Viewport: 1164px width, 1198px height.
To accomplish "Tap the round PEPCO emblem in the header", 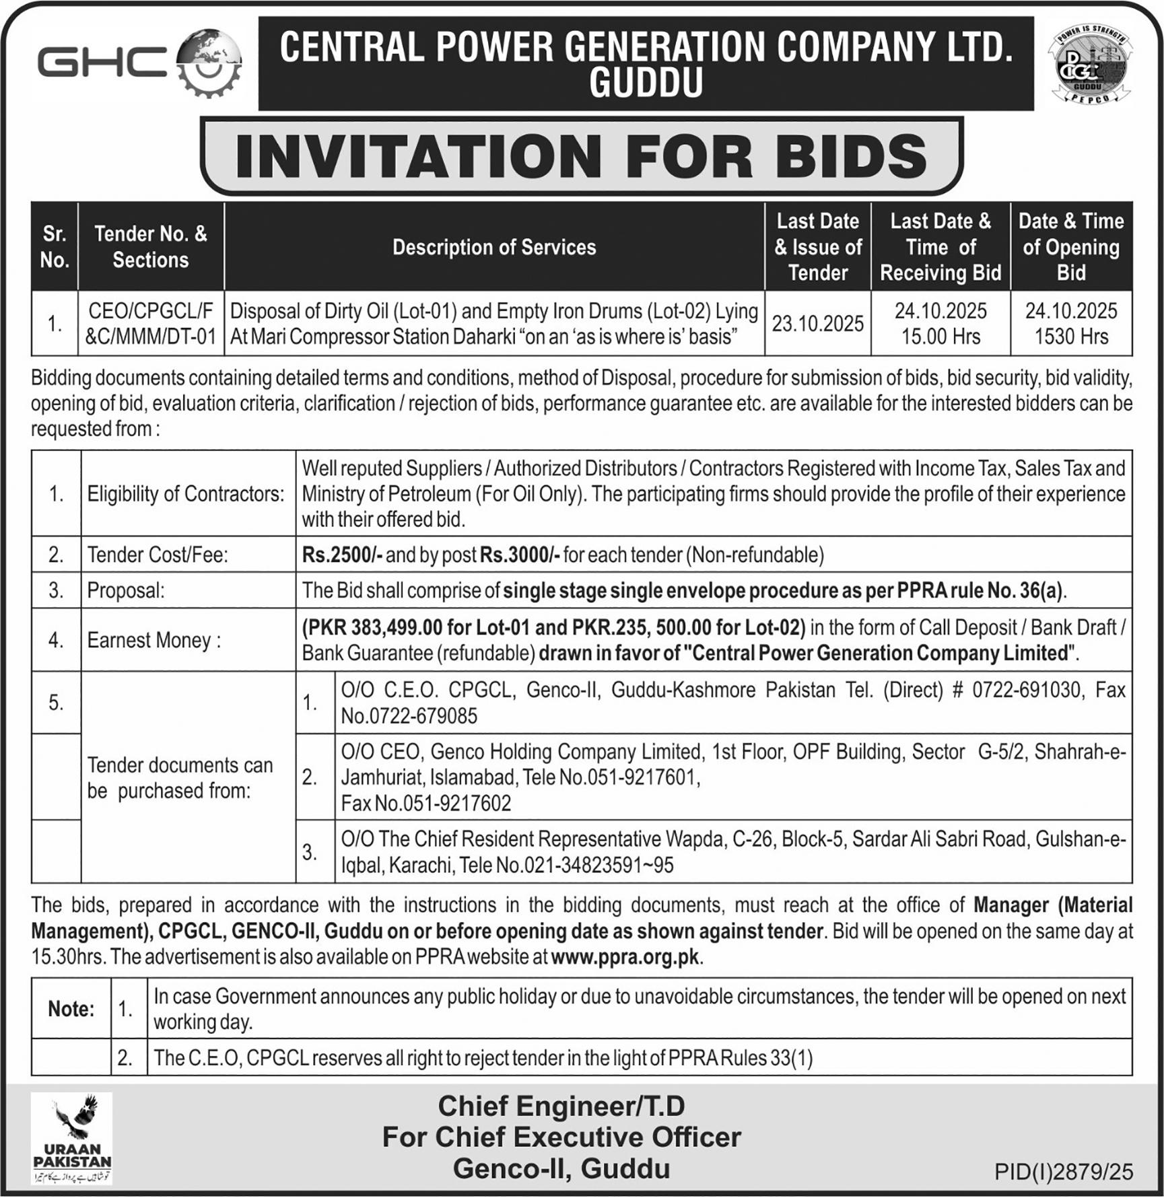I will [1089, 65].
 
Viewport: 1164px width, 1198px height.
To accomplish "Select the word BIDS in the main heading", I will [850, 155].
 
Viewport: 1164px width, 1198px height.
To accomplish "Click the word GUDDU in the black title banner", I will [646, 83].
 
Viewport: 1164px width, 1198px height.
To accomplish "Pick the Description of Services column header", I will [494, 247].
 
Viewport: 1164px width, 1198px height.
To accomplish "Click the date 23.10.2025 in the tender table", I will [817, 324].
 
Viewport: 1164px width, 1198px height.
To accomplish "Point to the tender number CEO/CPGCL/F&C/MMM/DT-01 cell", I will [151, 324].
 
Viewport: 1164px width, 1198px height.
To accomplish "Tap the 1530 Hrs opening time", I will [1070, 337].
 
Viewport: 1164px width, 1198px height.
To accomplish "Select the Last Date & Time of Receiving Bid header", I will [940, 247].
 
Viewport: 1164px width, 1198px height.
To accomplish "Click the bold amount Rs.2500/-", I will [343, 555].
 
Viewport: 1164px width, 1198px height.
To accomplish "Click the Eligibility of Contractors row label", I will [186, 494].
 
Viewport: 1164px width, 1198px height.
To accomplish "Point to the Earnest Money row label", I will [154, 640].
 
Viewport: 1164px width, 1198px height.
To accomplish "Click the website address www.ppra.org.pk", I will [625, 957].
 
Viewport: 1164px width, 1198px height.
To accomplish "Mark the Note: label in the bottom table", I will [71, 1009].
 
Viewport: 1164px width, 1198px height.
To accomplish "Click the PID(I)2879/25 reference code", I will [1064, 1172].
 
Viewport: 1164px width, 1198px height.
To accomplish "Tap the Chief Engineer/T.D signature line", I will [561, 1106].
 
